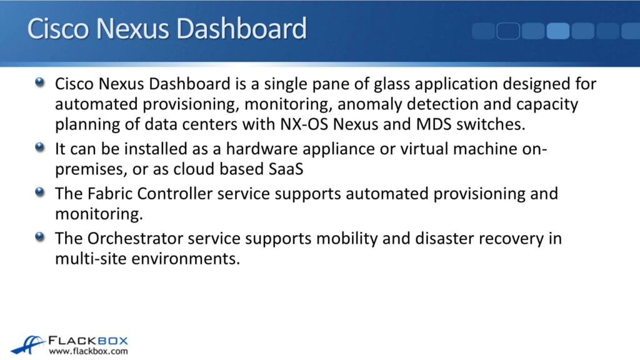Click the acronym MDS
(444, 123)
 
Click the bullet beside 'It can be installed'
(41, 149)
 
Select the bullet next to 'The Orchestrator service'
(41, 237)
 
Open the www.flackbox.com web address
(89, 351)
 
